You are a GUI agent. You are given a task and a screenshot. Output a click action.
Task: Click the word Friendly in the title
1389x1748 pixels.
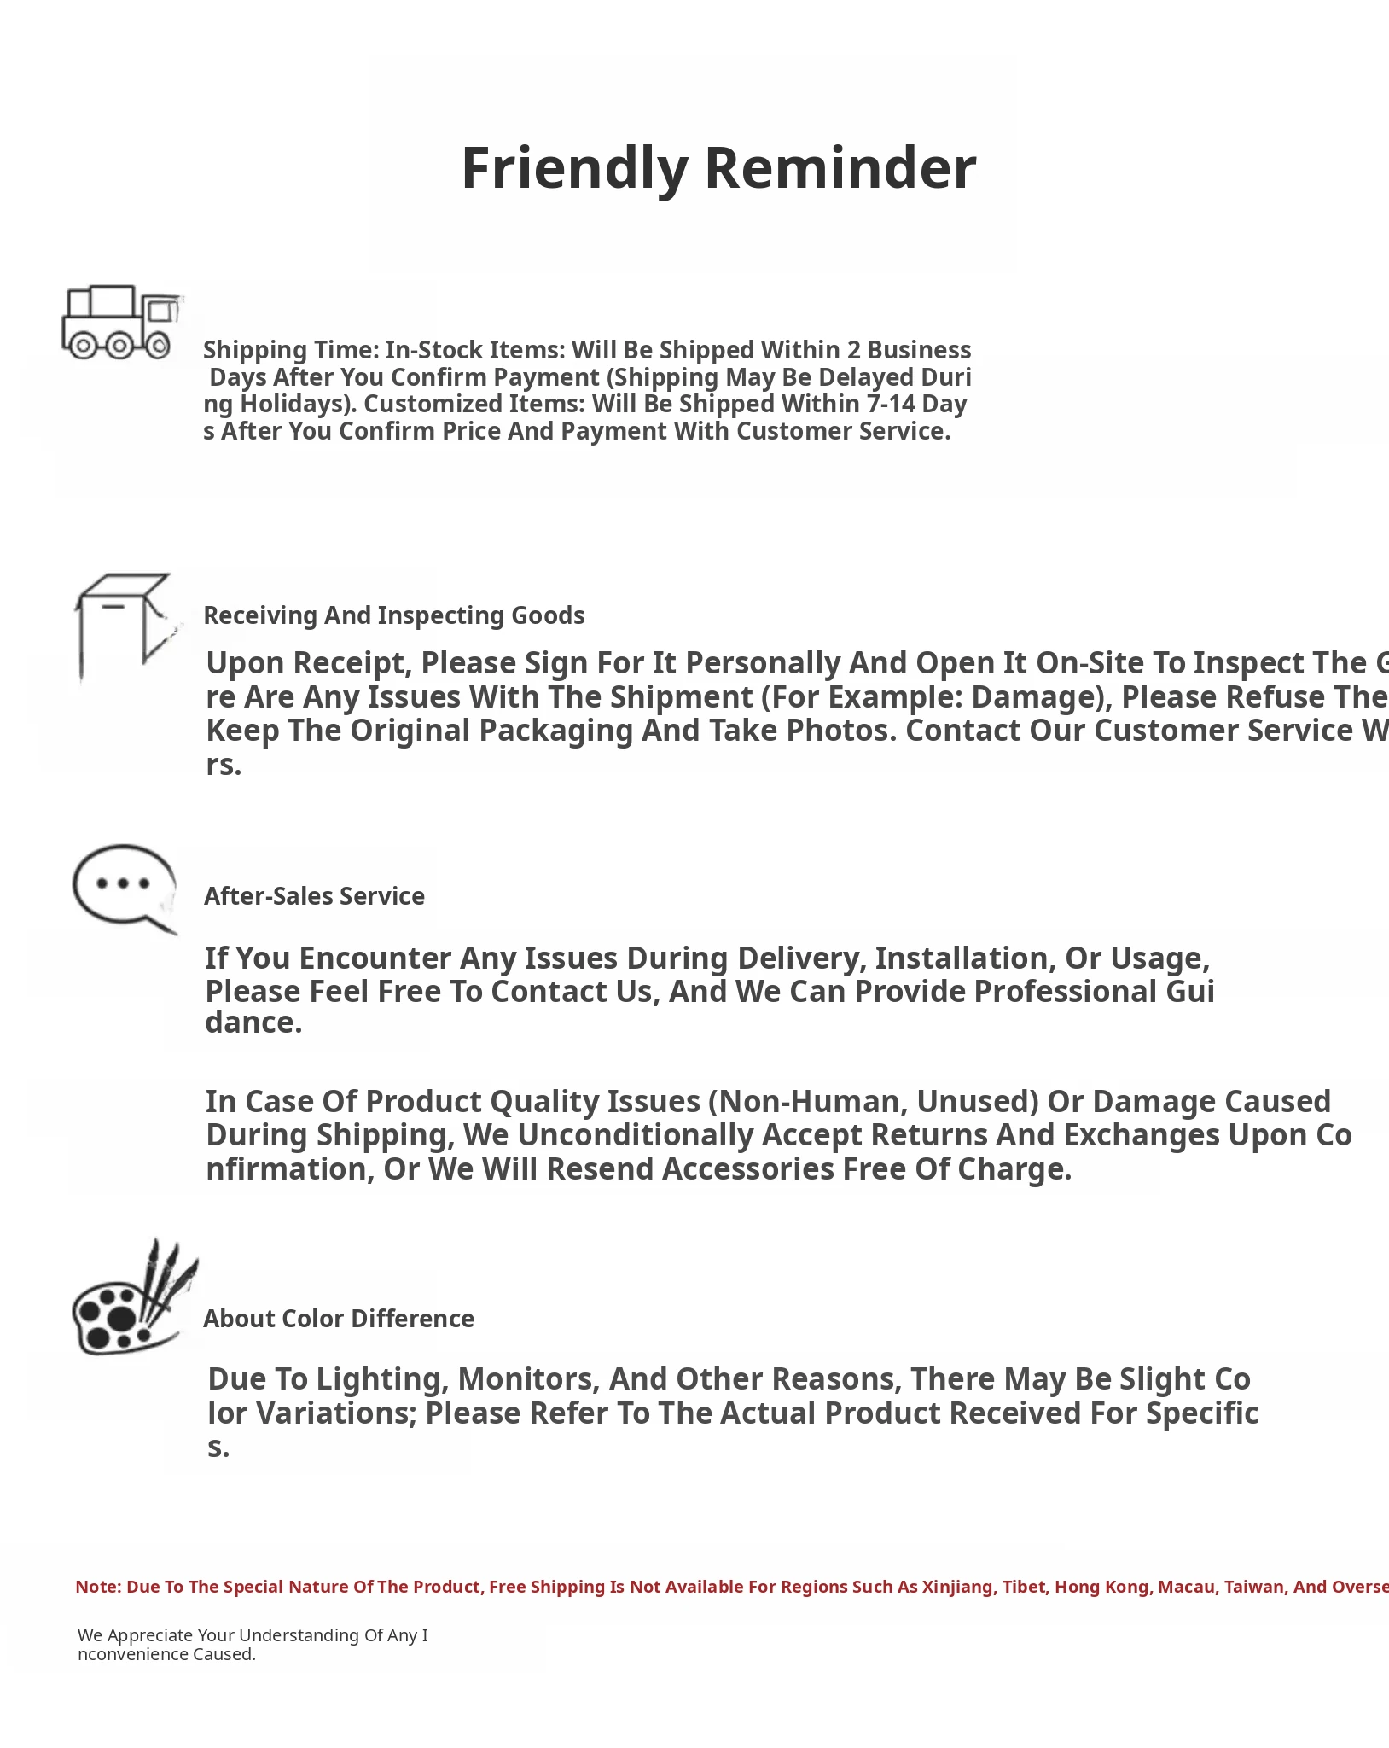tap(574, 168)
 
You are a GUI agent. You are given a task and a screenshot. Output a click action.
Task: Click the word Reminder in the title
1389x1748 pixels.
tap(840, 168)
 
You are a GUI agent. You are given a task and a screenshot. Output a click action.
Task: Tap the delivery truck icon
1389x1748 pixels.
tap(122, 323)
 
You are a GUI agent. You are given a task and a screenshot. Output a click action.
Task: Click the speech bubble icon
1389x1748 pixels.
tap(125, 889)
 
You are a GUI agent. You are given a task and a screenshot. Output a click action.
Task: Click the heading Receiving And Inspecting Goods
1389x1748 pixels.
tap(394, 615)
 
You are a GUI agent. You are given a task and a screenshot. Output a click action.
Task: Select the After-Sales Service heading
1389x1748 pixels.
tap(314, 896)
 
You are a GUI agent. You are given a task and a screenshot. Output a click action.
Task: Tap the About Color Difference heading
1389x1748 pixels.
tap(339, 1319)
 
